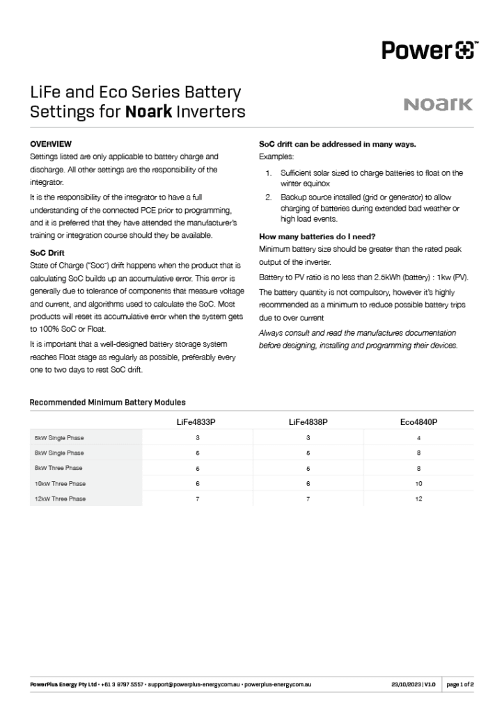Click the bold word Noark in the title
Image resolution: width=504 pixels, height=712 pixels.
148,111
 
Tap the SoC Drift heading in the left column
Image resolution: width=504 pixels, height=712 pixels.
47,253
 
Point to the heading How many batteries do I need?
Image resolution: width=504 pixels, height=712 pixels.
317,236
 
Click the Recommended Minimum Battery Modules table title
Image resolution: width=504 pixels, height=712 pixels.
108,403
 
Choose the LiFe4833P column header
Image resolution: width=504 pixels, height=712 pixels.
198,422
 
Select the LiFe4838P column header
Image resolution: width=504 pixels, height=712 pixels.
308,422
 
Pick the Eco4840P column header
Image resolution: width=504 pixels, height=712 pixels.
418,422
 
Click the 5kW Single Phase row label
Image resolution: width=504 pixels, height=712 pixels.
59,438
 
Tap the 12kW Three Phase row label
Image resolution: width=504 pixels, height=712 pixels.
61,499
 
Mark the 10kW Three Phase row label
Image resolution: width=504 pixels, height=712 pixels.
61,483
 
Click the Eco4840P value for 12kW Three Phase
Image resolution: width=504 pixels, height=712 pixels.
418,499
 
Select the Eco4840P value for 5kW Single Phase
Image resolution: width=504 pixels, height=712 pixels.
418,438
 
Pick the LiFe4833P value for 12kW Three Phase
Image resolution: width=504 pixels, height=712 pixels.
198,499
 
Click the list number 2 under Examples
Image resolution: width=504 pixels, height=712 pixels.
268,198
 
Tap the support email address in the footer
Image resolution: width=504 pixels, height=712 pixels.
194,685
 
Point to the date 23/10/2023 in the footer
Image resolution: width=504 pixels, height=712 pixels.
405,685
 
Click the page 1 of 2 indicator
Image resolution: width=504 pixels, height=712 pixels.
460,685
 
